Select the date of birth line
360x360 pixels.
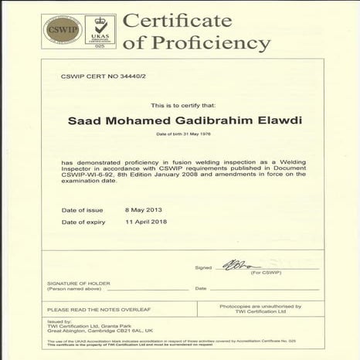point(180,134)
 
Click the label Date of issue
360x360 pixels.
point(80,209)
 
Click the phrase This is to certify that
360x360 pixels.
point(180,104)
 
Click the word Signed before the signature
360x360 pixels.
point(203,267)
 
